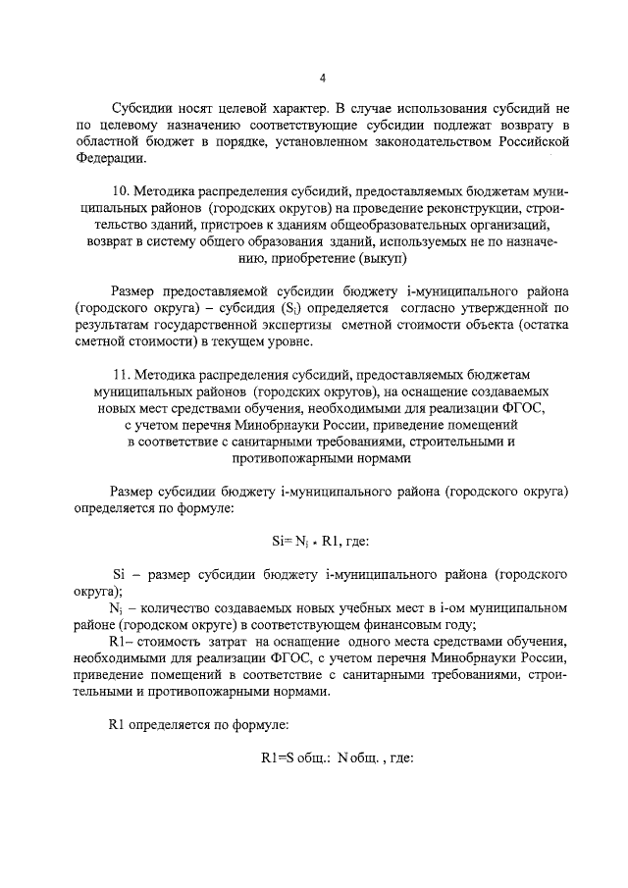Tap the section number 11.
coord(121,376)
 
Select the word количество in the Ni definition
coord(170,608)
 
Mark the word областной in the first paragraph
coord(107,143)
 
